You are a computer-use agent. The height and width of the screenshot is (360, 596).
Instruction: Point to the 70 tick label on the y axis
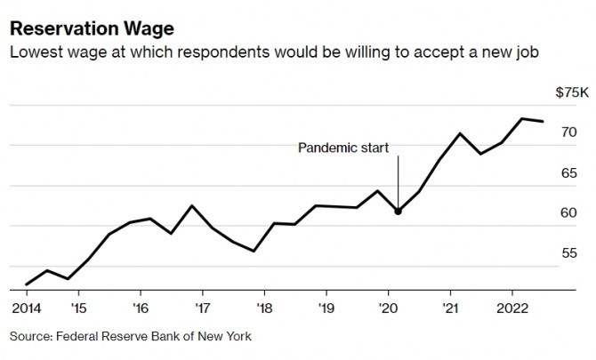click(x=569, y=132)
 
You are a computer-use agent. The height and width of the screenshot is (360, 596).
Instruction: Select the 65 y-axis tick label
click(x=569, y=172)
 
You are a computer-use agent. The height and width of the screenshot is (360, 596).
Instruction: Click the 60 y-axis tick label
click(x=569, y=213)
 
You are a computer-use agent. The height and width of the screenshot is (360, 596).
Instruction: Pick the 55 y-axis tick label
click(x=569, y=253)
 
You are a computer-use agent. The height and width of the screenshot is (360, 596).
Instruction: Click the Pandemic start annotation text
click(x=342, y=147)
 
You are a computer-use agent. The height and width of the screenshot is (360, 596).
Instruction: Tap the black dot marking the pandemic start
click(x=398, y=211)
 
